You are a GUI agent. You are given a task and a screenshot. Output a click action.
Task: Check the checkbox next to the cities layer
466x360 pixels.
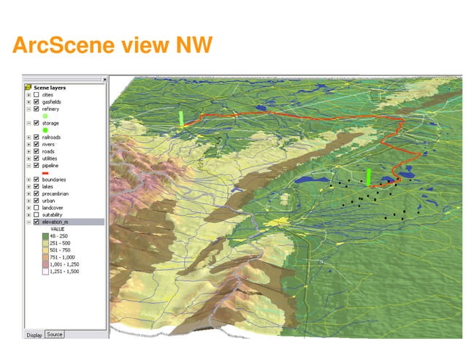coord(36,94)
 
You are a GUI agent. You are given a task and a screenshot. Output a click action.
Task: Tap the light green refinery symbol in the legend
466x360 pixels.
coord(45,116)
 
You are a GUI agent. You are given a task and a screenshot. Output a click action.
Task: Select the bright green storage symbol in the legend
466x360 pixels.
coord(45,131)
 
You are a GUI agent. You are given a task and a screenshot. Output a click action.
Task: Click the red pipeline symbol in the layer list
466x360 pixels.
coord(45,172)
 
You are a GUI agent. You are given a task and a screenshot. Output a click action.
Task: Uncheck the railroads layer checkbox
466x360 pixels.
coord(36,137)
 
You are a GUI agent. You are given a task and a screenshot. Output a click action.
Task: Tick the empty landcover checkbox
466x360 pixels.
coord(36,207)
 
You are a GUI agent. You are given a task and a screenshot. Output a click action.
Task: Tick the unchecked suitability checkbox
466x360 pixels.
coord(36,215)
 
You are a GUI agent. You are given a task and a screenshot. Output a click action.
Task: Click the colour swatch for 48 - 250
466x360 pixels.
coord(45,236)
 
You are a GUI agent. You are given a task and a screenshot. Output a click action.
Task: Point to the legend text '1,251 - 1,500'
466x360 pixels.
coord(64,271)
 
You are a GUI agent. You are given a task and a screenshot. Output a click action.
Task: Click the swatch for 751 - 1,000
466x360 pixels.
coord(45,257)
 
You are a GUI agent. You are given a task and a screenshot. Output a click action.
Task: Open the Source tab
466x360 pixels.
coord(54,334)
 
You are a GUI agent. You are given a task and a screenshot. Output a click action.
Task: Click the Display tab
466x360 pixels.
coord(34,335)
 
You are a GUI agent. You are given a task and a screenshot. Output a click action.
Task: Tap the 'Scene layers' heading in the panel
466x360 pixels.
coord(50,88)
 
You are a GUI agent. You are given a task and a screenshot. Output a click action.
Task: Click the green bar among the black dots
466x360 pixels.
coord(369,177)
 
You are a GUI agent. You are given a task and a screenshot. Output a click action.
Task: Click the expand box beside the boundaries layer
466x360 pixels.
coord(28,180)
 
